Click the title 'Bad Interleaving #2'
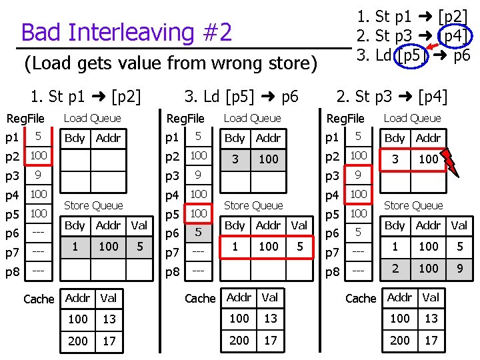point(127,32)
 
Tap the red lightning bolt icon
point(451,160)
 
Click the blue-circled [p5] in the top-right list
point(408,55)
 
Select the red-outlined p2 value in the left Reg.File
point(39,156)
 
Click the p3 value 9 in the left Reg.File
point(39,175)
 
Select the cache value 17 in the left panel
point(109,341)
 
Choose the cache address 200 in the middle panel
point(239,340)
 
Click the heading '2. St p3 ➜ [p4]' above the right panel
point(392,97)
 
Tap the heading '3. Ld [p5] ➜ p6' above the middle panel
point(241,97)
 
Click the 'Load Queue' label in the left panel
point(92,118)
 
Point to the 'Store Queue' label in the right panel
point(413,205)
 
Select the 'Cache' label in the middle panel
point(200,298)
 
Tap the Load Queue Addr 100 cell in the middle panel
point(269,159)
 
